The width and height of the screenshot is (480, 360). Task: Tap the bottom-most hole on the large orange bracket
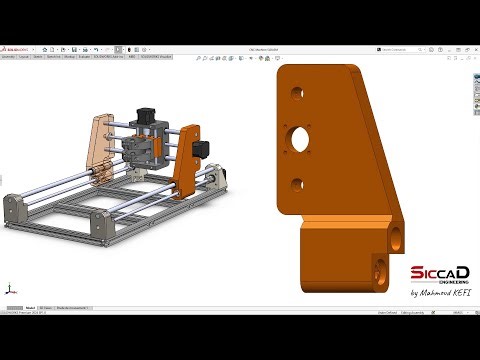tap(379, 270)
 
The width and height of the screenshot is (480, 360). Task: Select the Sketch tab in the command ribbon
tap(38, 58)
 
